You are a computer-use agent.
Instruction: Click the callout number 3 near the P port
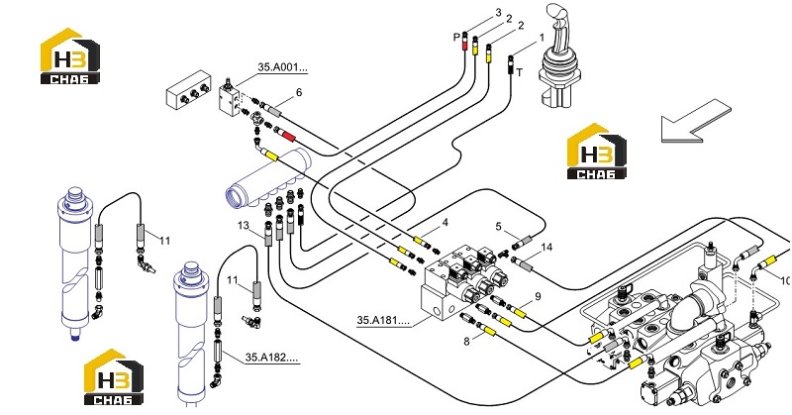click(x=499, y=12)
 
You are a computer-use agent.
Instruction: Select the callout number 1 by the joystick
click(x=542, y=38)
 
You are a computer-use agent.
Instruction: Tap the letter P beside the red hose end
click(x=456, y=37)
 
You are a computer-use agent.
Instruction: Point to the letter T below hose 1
click(x=519, y=72)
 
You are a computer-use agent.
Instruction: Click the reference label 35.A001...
click(x=282, y=67)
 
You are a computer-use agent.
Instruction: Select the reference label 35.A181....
click(x=382, y=320)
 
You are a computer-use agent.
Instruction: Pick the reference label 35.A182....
click(x=271, y=358)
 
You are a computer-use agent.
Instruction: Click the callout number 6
click(x=299, y=92)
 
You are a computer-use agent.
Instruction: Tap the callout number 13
click(x=244, y=225)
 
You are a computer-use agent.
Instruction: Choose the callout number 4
click(x=445, y=223)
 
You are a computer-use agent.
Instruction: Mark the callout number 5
click(x=499, y=227)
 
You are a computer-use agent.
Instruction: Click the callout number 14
click(x=546, y=248)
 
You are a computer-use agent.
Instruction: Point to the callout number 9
click(x=538, y=296)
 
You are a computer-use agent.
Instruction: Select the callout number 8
click(x=466, y=341)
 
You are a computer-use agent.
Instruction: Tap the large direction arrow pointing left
click(x=696, y=121)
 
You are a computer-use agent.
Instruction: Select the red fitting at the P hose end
click(x=465, y=46)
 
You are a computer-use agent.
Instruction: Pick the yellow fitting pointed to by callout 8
click(x=489, y=332)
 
